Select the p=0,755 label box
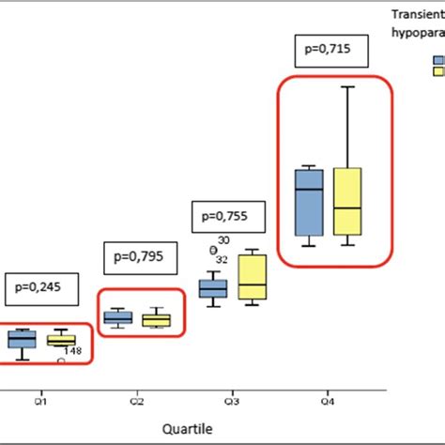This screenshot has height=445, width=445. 230,217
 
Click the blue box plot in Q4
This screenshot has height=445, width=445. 309,202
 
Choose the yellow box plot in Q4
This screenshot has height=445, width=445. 348,202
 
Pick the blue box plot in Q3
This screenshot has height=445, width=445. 213,289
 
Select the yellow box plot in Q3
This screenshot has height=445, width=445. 252,277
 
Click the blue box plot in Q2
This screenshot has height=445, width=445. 117,318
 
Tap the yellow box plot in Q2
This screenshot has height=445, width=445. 157,320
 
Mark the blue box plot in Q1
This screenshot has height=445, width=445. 21,339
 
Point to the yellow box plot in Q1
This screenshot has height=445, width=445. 61,340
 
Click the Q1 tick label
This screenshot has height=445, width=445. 40,401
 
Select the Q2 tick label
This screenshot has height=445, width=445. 136,401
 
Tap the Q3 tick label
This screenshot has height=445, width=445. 232,401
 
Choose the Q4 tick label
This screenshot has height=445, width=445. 328,401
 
